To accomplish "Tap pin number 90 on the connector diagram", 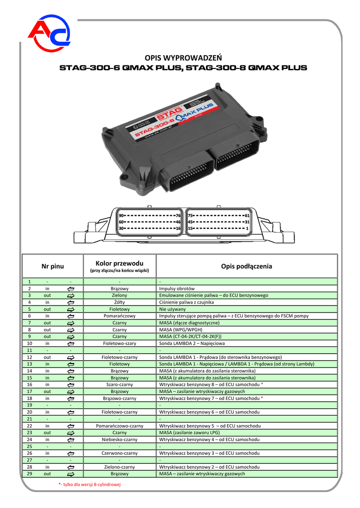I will (122, 216).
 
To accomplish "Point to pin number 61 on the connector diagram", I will (247, 216).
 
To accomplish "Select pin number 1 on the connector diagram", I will (247, 228).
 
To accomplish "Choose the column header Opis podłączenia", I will (246, 266).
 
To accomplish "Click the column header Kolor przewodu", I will (120, 263).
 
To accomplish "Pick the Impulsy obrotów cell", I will (177, 288).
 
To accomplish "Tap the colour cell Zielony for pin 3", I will (120, 295).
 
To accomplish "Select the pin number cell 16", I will (30, 384).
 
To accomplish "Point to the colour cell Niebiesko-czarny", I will (120, 440).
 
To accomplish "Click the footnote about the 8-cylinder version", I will (90, 484).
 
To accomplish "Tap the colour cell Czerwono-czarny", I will (120, 453).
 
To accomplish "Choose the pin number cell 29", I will (30, 474).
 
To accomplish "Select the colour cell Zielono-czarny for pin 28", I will (120, 467).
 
